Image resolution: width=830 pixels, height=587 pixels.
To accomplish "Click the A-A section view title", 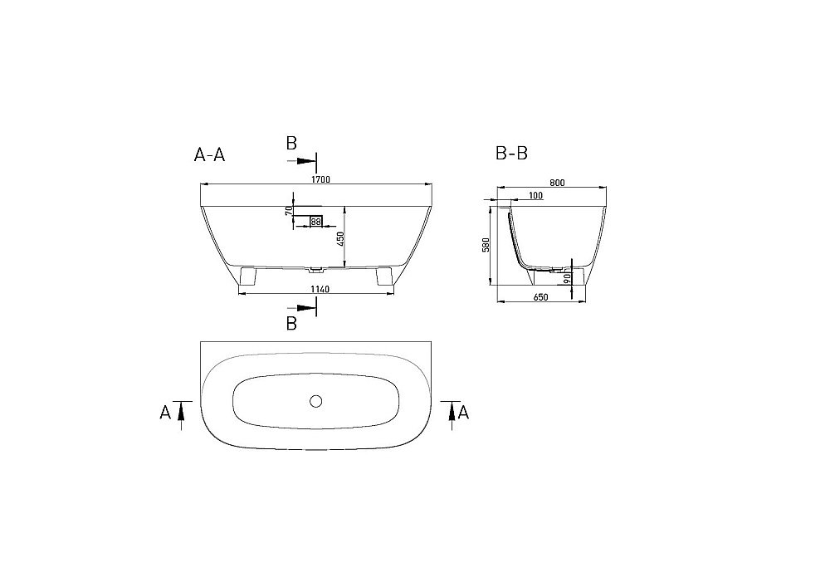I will (209, 154).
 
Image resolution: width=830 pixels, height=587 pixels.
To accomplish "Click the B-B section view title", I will (511, 154).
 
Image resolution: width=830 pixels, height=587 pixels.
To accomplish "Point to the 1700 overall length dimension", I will (322, 180).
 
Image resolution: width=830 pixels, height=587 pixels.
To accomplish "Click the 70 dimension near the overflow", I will (290, 211).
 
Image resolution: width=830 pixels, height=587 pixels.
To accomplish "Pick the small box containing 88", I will (315, 221).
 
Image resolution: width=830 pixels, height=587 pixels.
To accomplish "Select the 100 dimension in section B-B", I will (535, 196).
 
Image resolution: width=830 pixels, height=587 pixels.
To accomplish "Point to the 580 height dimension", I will (488, 245).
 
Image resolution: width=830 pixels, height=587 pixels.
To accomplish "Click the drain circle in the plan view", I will (315, 402).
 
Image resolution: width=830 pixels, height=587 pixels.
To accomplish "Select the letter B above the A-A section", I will (291, 144).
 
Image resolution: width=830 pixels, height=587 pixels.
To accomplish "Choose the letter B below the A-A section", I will (291, 324).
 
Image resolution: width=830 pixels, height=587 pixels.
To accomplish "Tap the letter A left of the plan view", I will (165, 412).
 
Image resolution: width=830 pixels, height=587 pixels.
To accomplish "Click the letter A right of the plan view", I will (464, 412).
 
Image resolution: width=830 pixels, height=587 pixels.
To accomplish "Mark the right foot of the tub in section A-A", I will (384, 276).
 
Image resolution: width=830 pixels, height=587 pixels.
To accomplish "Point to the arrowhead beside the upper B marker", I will (309, 159).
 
